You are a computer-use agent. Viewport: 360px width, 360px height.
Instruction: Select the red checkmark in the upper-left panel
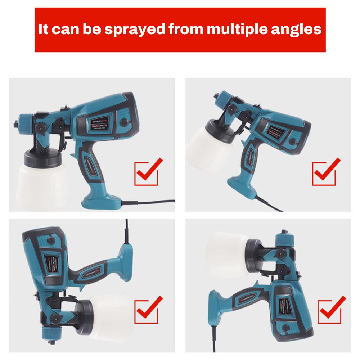[147, 172]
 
